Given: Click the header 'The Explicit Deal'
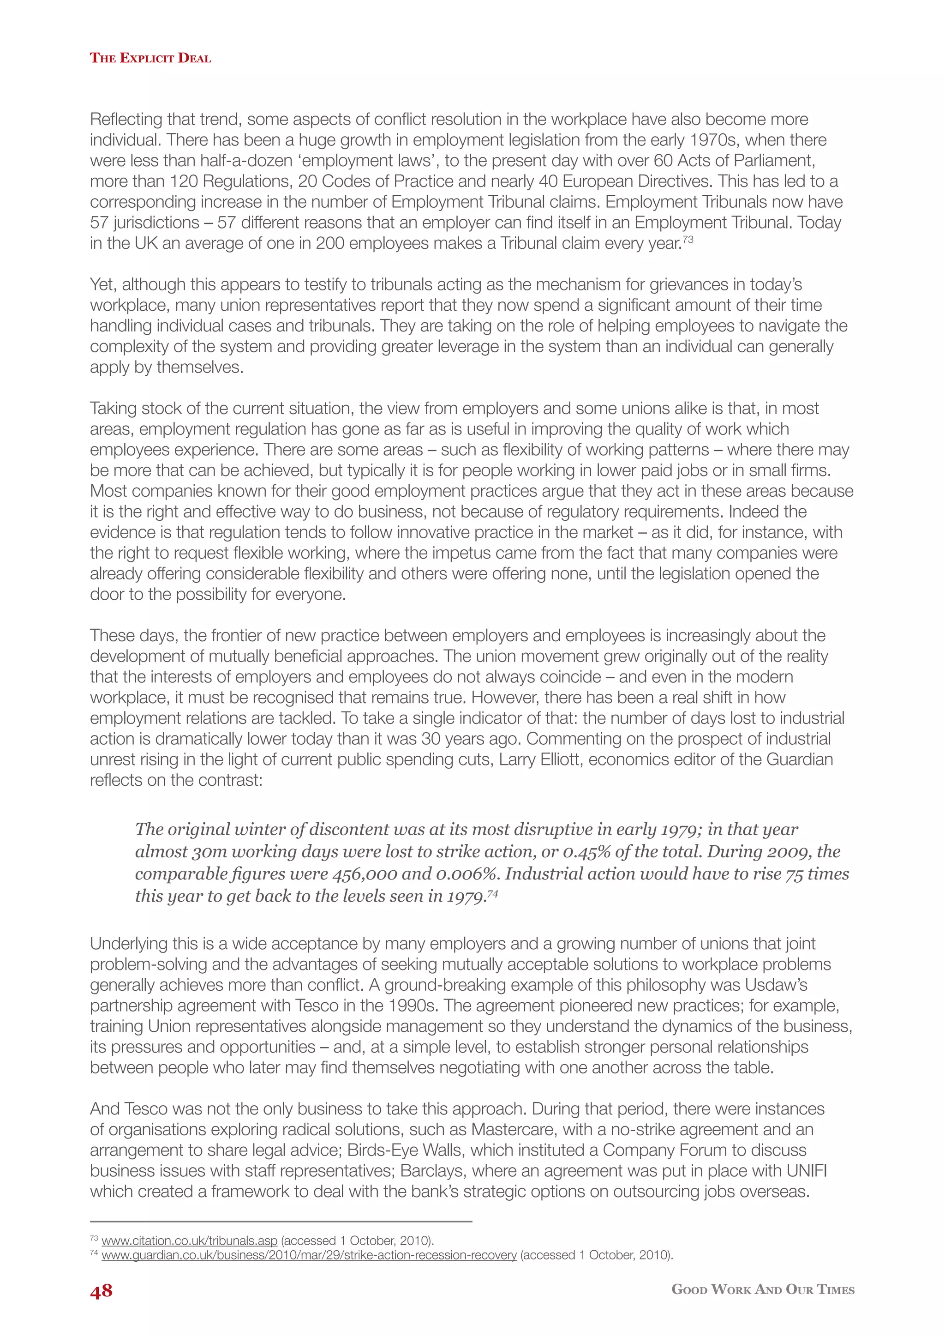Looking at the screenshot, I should (x=150, y=58).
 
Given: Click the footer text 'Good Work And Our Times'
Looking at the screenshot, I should (x=762, y=1289).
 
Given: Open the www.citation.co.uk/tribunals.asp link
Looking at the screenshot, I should (x=189, y=1241).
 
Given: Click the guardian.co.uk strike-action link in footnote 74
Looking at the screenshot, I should (x=309, y=1255).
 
